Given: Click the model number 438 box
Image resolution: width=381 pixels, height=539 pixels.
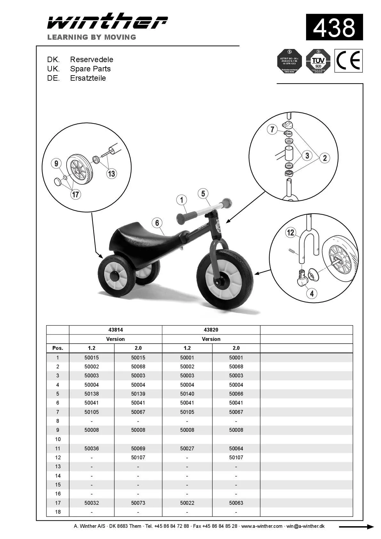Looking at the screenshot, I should point(334,27).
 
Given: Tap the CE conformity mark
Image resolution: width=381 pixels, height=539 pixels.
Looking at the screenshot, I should point(348,61).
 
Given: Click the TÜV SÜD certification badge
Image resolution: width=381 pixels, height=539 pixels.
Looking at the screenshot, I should point(318,61).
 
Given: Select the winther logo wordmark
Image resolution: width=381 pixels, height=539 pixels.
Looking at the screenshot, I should point(107,22).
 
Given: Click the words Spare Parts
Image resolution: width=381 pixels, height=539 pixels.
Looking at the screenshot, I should point(90,69).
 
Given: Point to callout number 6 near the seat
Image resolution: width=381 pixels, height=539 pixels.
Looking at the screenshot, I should point(157,223).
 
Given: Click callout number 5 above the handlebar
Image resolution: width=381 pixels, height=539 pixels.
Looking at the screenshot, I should point(203,194).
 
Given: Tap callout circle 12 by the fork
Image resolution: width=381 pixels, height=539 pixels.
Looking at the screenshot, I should point(290,232).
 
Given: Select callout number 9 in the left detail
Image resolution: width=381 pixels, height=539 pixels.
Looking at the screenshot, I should point(56,164).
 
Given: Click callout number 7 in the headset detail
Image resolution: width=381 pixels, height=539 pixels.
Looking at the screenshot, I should point(272,129).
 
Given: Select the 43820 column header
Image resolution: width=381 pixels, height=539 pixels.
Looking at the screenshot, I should point(211,330).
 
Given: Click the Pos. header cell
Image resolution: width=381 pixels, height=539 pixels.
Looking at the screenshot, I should point(58,348).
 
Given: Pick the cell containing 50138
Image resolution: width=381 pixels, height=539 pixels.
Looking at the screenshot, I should point(92,394).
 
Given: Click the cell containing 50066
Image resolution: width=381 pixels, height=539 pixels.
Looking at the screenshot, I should point(236,394).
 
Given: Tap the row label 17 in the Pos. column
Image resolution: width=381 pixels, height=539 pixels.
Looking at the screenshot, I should point(58,503).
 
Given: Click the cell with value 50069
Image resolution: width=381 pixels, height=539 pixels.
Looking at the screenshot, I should point(138,448).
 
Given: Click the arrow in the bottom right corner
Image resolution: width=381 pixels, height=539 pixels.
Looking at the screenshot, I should point(356,527).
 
